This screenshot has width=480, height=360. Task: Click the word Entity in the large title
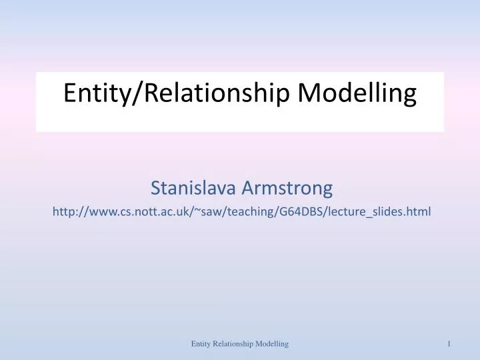click(x=99, y=93)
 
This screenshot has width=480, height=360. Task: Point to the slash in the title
click(x=137, y=93)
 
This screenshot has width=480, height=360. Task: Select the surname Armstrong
click(x=287, y=189)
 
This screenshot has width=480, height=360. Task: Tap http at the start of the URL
click(x=64, y=212)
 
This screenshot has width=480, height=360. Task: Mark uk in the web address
click(x=183, y=212)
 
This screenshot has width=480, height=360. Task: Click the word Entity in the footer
click(x=200, y=343)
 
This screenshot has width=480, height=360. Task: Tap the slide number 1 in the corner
click(x=450, y=343)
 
